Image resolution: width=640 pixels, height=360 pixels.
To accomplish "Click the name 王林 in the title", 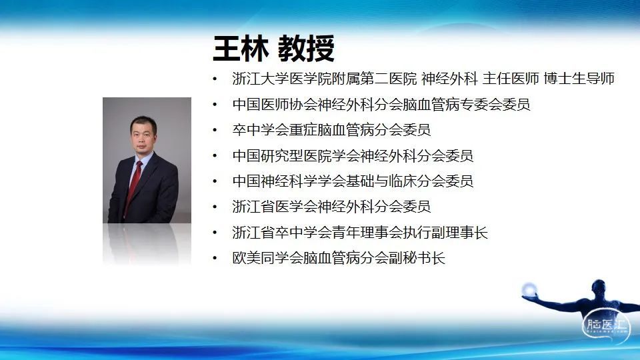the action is [241, 49].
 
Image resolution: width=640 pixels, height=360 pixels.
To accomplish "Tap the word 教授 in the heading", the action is [307, 49].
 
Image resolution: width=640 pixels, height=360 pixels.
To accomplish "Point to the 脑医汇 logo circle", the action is [606, 326].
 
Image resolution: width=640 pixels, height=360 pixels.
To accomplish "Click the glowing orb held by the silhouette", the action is [529, 289].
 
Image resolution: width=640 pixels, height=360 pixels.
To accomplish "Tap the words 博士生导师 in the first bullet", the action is [579, 79].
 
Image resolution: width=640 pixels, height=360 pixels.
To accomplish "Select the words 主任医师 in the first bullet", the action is [511, 79].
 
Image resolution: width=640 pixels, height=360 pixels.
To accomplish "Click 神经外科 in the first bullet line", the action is [449, 79].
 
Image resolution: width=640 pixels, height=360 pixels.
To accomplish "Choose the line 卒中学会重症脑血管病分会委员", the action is [331, 130].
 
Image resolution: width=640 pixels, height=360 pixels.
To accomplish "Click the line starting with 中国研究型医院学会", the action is [353, 155].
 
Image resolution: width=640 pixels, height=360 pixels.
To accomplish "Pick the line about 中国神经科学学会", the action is [353, 181].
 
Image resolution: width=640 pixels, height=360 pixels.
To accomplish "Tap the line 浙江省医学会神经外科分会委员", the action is [331, 207].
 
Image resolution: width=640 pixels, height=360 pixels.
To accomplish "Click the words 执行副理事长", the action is [445, 232].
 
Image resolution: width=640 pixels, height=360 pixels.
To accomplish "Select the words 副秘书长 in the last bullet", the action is [417, 258].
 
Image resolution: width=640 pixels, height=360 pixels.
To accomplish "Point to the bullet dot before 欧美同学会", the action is [215, 258].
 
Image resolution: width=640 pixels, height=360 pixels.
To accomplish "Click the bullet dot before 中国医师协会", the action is [215, 105].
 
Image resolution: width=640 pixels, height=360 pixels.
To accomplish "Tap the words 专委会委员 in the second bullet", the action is [495, 105].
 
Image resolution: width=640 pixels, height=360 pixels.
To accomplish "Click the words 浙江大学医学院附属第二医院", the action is [325, 79].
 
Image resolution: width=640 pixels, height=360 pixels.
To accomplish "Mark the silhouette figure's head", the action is [599, 287].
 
